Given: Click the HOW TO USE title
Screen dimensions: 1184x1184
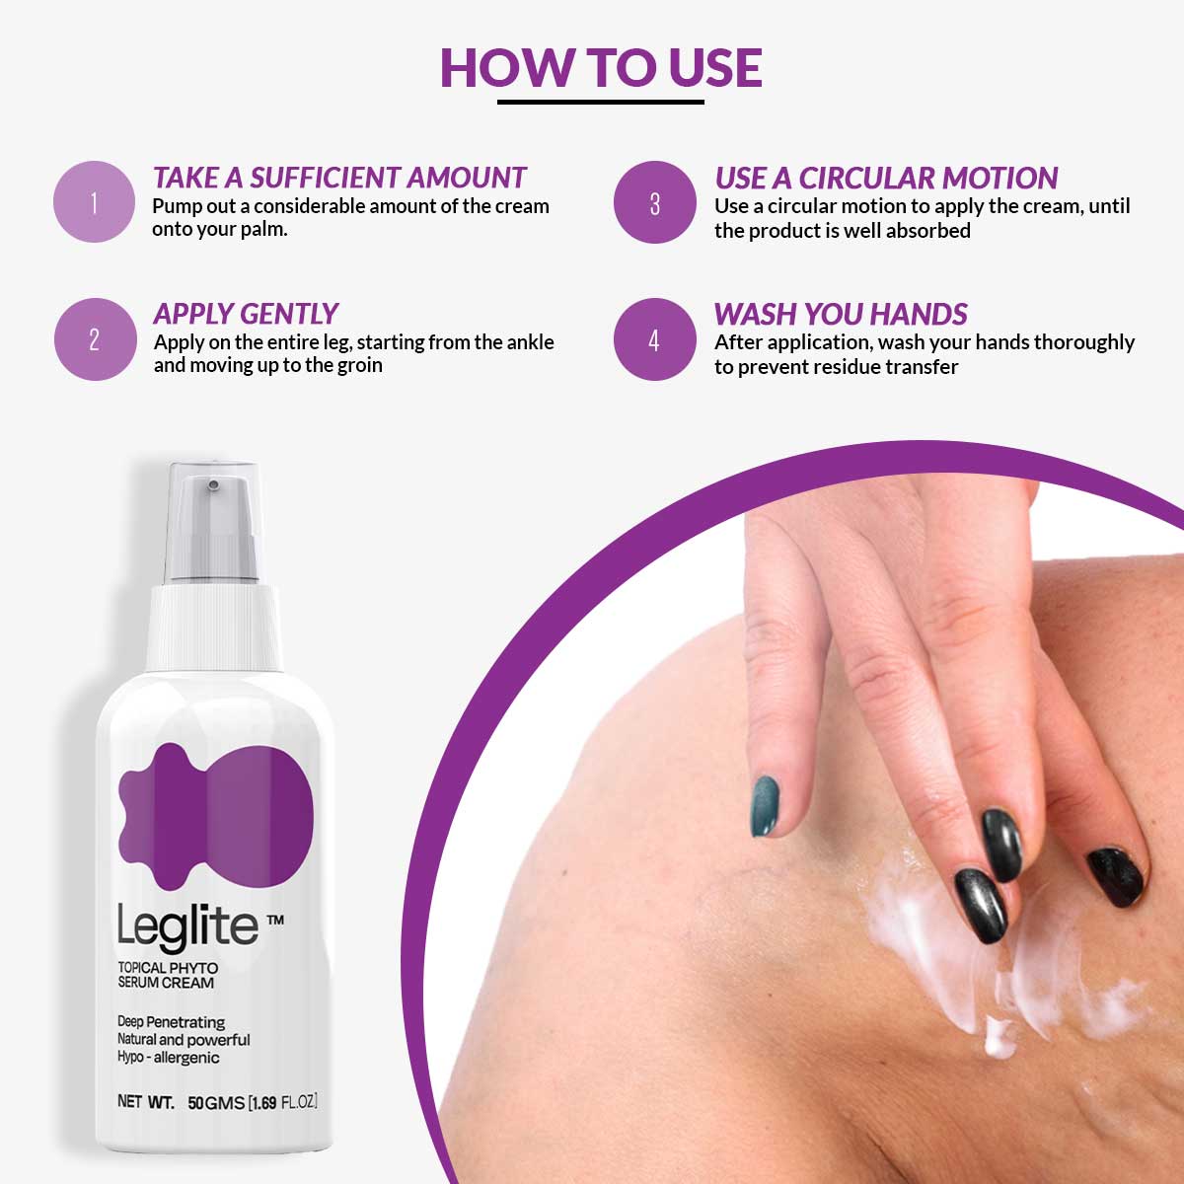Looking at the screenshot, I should (x=600, y=67).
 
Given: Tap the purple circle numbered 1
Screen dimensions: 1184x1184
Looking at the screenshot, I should (x=94, y=202).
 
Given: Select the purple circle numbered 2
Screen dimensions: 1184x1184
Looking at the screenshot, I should (x=94, y=339).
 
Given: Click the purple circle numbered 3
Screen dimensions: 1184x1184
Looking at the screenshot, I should (x=654, y=202).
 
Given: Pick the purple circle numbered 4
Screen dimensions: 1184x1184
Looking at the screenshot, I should (x=654, y=339).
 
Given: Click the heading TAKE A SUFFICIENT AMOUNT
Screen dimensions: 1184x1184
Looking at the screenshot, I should (x=339, y=178).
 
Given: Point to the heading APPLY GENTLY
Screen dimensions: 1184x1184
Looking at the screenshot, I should (x=246, y=314).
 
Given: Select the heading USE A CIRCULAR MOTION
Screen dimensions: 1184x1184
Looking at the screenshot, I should (x=886, y=178).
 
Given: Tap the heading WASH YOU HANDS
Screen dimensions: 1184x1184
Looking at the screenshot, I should (x=841, y=314).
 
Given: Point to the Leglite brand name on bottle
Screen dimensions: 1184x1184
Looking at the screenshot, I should (x=187, y=925).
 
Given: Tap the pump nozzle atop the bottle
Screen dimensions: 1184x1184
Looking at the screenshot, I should (x=211, y=485).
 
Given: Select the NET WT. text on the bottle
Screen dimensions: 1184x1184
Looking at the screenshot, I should (x=145, y=1102).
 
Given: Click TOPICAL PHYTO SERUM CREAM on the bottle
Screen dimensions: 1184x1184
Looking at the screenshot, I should (x=167, y=975).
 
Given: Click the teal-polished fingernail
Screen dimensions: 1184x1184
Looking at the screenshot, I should (x=766, y=805).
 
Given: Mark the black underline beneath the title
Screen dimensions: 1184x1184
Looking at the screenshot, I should (x=600, y=101).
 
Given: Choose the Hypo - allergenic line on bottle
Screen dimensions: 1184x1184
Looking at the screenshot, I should (x=168, y=1058).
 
